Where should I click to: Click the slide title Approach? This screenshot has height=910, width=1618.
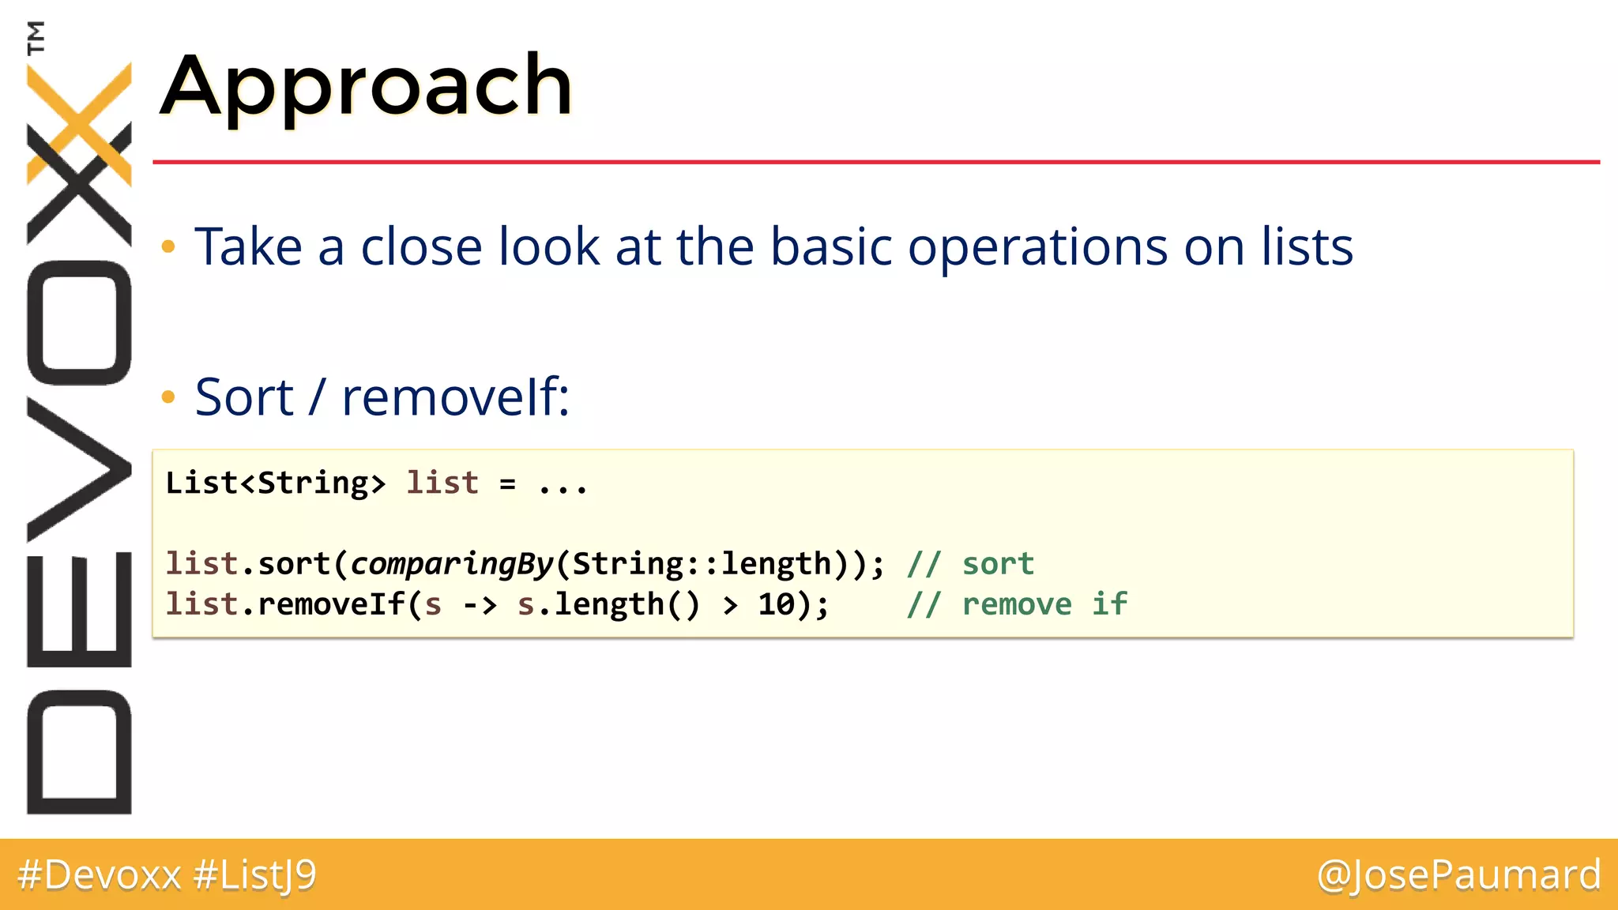366,85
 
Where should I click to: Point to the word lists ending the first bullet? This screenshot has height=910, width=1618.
1307,246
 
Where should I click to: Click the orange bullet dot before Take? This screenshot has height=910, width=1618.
167,247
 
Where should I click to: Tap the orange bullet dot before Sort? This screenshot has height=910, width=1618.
167,397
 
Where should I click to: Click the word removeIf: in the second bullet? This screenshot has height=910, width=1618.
455,397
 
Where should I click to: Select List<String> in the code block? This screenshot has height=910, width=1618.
276,483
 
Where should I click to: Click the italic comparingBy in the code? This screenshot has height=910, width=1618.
452,564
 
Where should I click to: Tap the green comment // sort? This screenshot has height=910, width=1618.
970,564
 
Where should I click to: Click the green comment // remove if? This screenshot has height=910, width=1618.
1017,604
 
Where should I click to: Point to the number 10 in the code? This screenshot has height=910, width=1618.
776,605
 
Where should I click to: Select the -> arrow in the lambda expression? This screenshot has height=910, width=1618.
480,605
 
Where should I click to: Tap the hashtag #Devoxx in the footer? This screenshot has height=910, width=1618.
100,875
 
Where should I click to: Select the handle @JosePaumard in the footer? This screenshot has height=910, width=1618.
1458,875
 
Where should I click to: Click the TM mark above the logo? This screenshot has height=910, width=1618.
36,37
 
